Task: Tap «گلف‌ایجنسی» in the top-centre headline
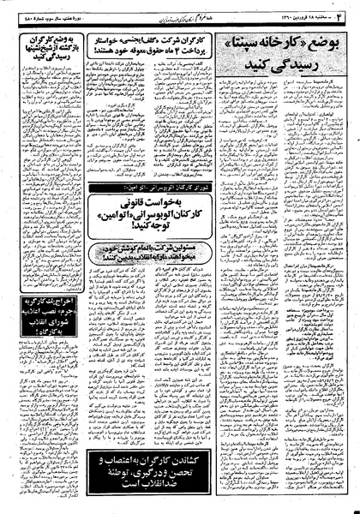click(189, 33)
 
